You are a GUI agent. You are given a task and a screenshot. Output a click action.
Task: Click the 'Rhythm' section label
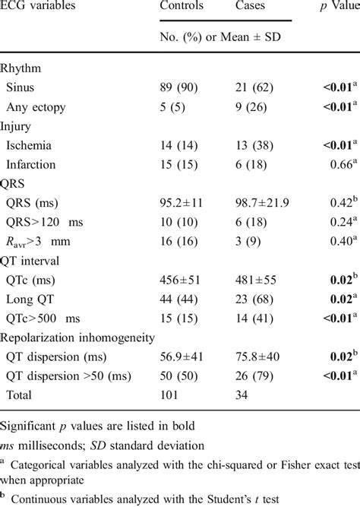point(23,68)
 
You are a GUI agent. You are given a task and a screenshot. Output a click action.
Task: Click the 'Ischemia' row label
point(37,145)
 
